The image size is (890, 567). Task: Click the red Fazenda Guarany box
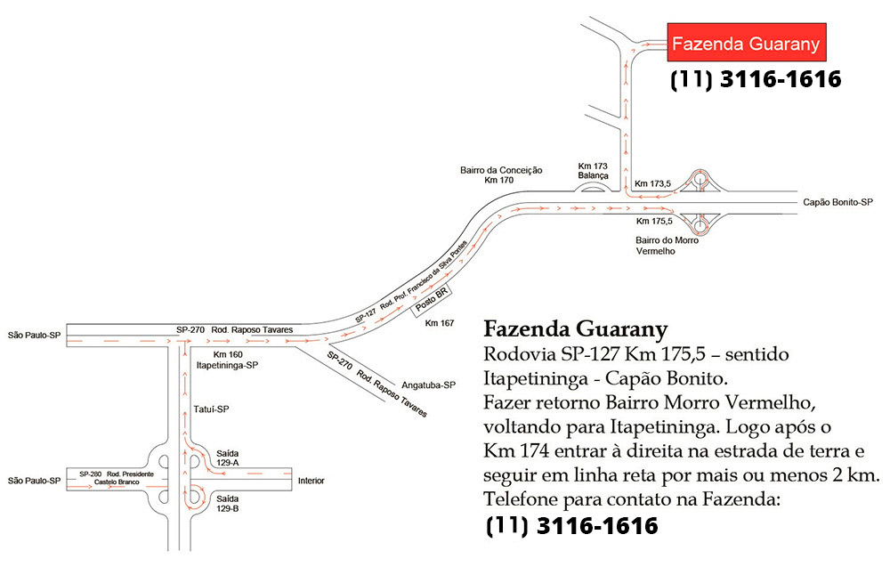[x=747, y=42]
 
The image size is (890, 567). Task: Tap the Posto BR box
[x=432, y=298]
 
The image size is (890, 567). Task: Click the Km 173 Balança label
[x=593, y=171]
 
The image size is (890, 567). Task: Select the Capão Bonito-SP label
[x=837, y=202]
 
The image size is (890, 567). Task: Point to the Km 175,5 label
[x=654, y=221]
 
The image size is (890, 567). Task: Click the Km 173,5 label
[x=652, y=183]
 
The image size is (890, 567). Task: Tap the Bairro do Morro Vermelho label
[x=667, y=246]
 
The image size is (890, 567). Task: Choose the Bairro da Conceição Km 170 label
[x=500, y=174]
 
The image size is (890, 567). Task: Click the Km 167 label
[x=440, y=323]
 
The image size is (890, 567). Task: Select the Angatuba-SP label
[x=429, y=385]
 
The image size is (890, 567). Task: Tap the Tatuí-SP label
[x=211, y=409]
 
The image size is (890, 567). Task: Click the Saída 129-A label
[x=227, y=458]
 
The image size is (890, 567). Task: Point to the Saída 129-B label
[x=227, y=504]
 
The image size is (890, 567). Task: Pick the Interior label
[x=311, y=481]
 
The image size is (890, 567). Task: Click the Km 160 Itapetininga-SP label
[x=227, y=360]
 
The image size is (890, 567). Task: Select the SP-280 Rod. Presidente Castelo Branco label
[x=117, y=478]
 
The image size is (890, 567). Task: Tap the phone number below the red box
[x=756, y=79]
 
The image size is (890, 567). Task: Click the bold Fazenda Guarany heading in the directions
[x=576, y=328]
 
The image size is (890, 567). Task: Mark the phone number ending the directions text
[x=571, y=525]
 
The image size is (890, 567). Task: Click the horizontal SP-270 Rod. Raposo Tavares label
[x=234, y=329]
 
